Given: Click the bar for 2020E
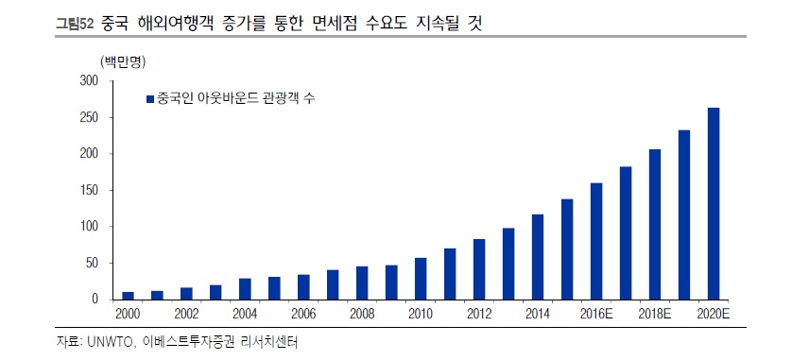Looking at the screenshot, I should (x=714, y=203).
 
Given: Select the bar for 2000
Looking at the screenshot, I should (x=129, y=295).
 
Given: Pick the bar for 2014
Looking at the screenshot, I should (x=538, y=256).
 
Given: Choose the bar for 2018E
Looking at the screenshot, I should (x=655, y=224).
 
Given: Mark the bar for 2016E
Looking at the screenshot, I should (x=596, y=241).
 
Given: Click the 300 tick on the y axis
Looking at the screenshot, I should (x=89, y=81).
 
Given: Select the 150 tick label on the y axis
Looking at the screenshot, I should (x=89, y=190).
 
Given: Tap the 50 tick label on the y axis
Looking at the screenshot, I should (x=93, y=263).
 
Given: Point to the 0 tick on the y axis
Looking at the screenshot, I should (x=95, y=299).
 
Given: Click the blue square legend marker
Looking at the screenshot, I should (x=149, y=97).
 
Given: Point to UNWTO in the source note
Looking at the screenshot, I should (x=111, y=341).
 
